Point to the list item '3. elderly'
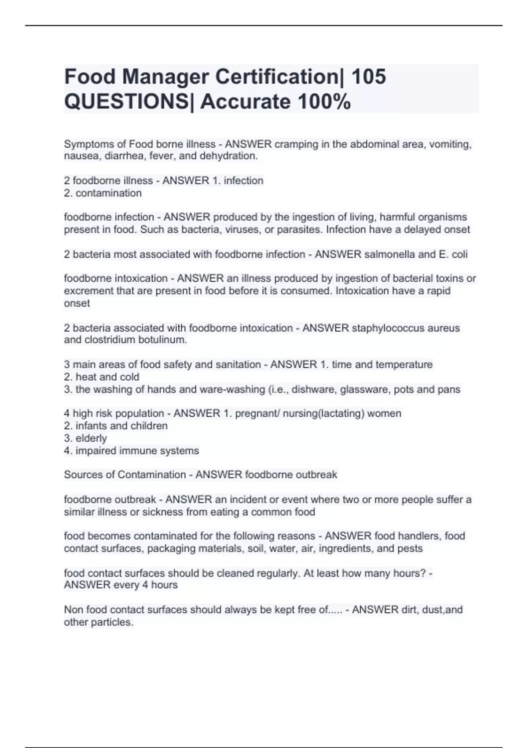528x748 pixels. (85, 438)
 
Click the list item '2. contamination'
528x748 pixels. (103, 193)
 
